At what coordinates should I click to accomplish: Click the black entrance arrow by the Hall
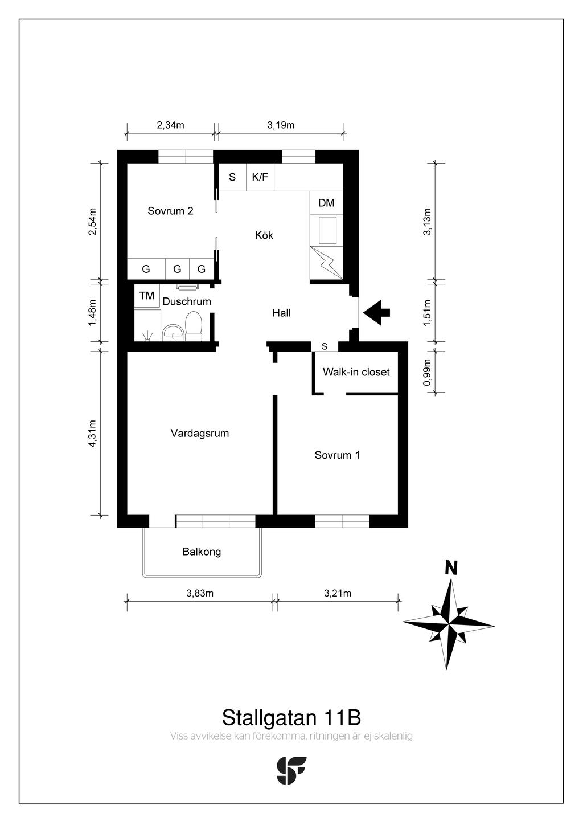(x=376, y=313)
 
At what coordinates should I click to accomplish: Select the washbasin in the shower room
(x=173, y=333)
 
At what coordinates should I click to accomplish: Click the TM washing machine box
(x=146, y=295)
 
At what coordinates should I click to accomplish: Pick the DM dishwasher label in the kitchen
(x=326, y=203)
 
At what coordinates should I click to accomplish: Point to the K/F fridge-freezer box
(x=260, y=177)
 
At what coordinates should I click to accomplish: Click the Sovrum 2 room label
(x=170, y=211)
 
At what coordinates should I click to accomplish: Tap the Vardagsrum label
(x=199, y=433)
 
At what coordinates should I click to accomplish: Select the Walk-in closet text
(x=356, y=372)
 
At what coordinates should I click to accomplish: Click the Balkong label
(x=202, y=552)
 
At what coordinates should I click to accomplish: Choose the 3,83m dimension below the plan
(x=200, y=593)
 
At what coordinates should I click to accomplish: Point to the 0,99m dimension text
(x=427, y=372)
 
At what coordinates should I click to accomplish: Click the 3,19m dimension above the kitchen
(x=281, y=125)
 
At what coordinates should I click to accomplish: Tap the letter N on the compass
(x=451, y=568)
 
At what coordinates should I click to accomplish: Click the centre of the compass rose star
(x=449, y=624)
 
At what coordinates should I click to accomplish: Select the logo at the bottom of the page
(x=291, y=771)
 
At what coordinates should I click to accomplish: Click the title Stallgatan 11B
(x=291, y=717)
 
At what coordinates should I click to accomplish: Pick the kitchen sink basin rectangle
(x=327, y=230)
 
